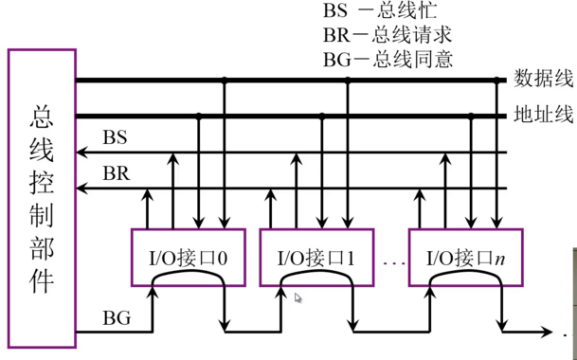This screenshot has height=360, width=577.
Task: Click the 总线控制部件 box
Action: tap(41, 199)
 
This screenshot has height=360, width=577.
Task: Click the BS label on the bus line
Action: tap(115, 137)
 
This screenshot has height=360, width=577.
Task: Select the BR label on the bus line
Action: tap(115, 174)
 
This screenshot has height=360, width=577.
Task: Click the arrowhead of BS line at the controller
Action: tap(81, 152)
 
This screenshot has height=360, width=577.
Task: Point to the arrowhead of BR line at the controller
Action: tap(81, 189)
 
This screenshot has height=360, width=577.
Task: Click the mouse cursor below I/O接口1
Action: tap(299, 298)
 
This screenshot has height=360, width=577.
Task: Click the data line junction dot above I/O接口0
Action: tap(224, 80)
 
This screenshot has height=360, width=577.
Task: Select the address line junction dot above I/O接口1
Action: tap(322, 117)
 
